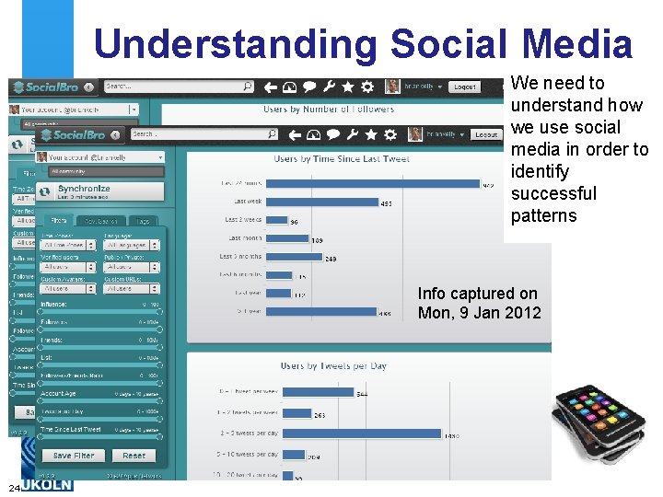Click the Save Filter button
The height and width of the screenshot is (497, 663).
pos(74,456)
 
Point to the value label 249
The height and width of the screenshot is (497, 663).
pos(331,260)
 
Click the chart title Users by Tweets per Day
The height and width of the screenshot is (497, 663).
pos(333,366)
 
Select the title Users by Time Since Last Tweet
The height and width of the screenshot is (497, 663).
pos(342,159)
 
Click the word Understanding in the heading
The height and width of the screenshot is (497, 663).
pos(235,44)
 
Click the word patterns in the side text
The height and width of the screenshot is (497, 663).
pos(543,216)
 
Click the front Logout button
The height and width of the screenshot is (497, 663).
pos(485,134)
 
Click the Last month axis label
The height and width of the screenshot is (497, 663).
pos(244,238)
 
